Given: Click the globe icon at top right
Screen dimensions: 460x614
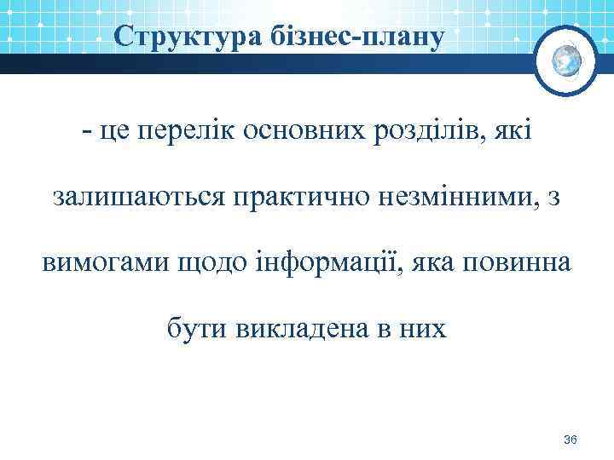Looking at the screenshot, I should (x=567, y=59).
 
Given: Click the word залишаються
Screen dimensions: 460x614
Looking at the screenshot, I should (x=139, y=198).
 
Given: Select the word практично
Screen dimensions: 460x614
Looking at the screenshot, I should (x=301, y=198).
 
